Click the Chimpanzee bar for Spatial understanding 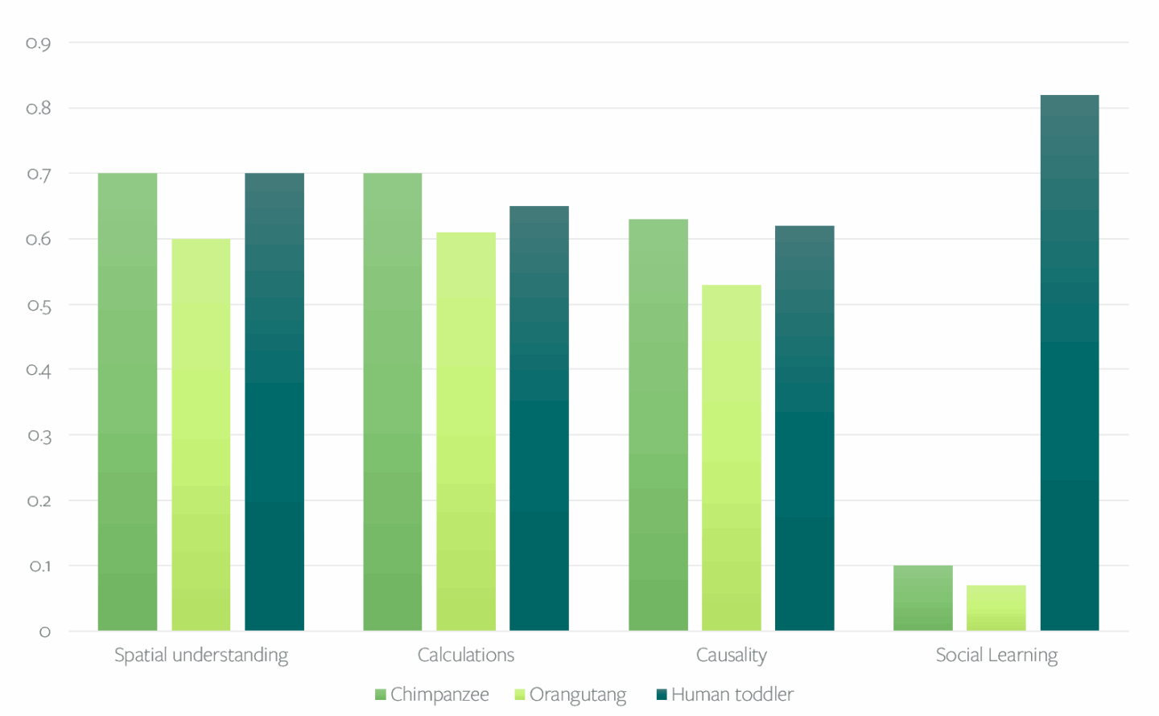pos(127,402)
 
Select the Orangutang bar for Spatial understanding pos(201,434)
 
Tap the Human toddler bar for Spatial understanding pos(274,402)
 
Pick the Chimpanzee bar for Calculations pos(393,402)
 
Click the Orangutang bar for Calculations pos(466,431)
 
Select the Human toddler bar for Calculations pos(539,418)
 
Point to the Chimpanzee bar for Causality pos(658,425)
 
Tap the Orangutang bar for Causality pos(732,457)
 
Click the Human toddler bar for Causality pos(805,428)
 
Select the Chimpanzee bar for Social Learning pos(923,599)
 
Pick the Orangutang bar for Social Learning pos(996,608)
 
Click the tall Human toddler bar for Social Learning pos(1070,362)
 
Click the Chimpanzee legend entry pos(432,694)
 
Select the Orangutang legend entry pos(571,694)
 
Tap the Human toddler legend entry pos(725,694)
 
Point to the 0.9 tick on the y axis pos(39,43)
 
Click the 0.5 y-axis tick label pos(39,306)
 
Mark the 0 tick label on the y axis pos(45,632)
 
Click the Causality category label pos(732,655)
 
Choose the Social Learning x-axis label pos(996,655)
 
